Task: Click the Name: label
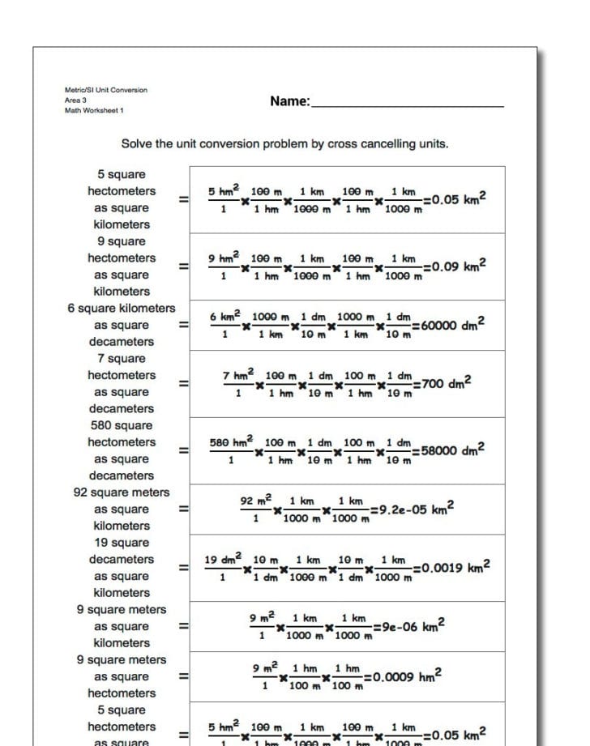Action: coord(290,101)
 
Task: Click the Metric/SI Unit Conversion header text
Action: coord(106,90)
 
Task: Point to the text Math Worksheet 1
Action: coord(94,110)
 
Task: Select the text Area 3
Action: coord(75,100)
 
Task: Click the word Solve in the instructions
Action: coord(137,144)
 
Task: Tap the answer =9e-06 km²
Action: coord(408,626)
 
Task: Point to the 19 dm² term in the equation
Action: coord(222,560)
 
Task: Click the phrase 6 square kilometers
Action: coord(122,309)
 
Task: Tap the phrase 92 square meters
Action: coord(122,492)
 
